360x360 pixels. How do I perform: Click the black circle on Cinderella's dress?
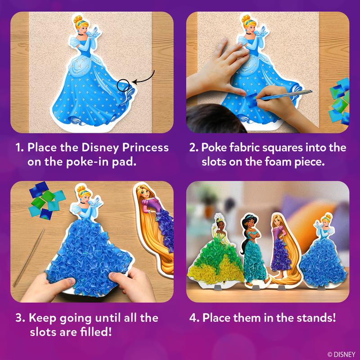pyautogui.click(x=117, y=85)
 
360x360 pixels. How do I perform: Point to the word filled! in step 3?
pyautogui.click(x=96, y=332)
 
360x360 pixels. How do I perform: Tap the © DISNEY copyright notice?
pyautogui.click(x=341, y=354)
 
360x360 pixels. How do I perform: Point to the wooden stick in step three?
pyautogui.click(x=29, y=257)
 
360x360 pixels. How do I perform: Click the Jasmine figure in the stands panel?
pyautogui.click(x=253, y=250)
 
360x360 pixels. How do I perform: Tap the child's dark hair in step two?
pyautogui.click(x=213, y=118)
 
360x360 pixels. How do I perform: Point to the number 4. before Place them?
pyautogui.click(x=194, y=318)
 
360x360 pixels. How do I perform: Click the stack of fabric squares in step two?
pyautogui.click(x=339, y=101)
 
